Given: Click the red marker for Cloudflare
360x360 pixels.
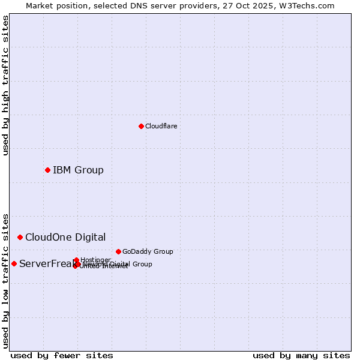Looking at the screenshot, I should [141, 126].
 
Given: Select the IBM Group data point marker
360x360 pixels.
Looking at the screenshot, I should [47, 170].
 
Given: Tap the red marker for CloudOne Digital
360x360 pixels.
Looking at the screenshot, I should [20, 237].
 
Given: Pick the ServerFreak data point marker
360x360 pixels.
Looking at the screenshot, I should [14, 263].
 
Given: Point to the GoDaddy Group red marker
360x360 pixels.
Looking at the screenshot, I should [118, 251].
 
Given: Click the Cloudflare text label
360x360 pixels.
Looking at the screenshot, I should [161, 126].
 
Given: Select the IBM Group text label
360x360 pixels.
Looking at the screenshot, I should [78, 170].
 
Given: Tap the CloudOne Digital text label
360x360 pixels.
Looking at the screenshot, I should [65, 237].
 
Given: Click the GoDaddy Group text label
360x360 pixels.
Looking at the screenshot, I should [148, 251].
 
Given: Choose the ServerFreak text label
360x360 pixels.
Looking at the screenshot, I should [46, 263].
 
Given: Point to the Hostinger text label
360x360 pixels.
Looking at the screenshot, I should [95, 260].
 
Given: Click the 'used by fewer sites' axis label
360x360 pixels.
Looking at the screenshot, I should [62, 355].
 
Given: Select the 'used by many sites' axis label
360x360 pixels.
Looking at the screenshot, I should [301, 355].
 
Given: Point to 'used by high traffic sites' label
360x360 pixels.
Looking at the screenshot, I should [5, 85].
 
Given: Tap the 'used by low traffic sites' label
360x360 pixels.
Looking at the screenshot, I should [5, 280].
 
